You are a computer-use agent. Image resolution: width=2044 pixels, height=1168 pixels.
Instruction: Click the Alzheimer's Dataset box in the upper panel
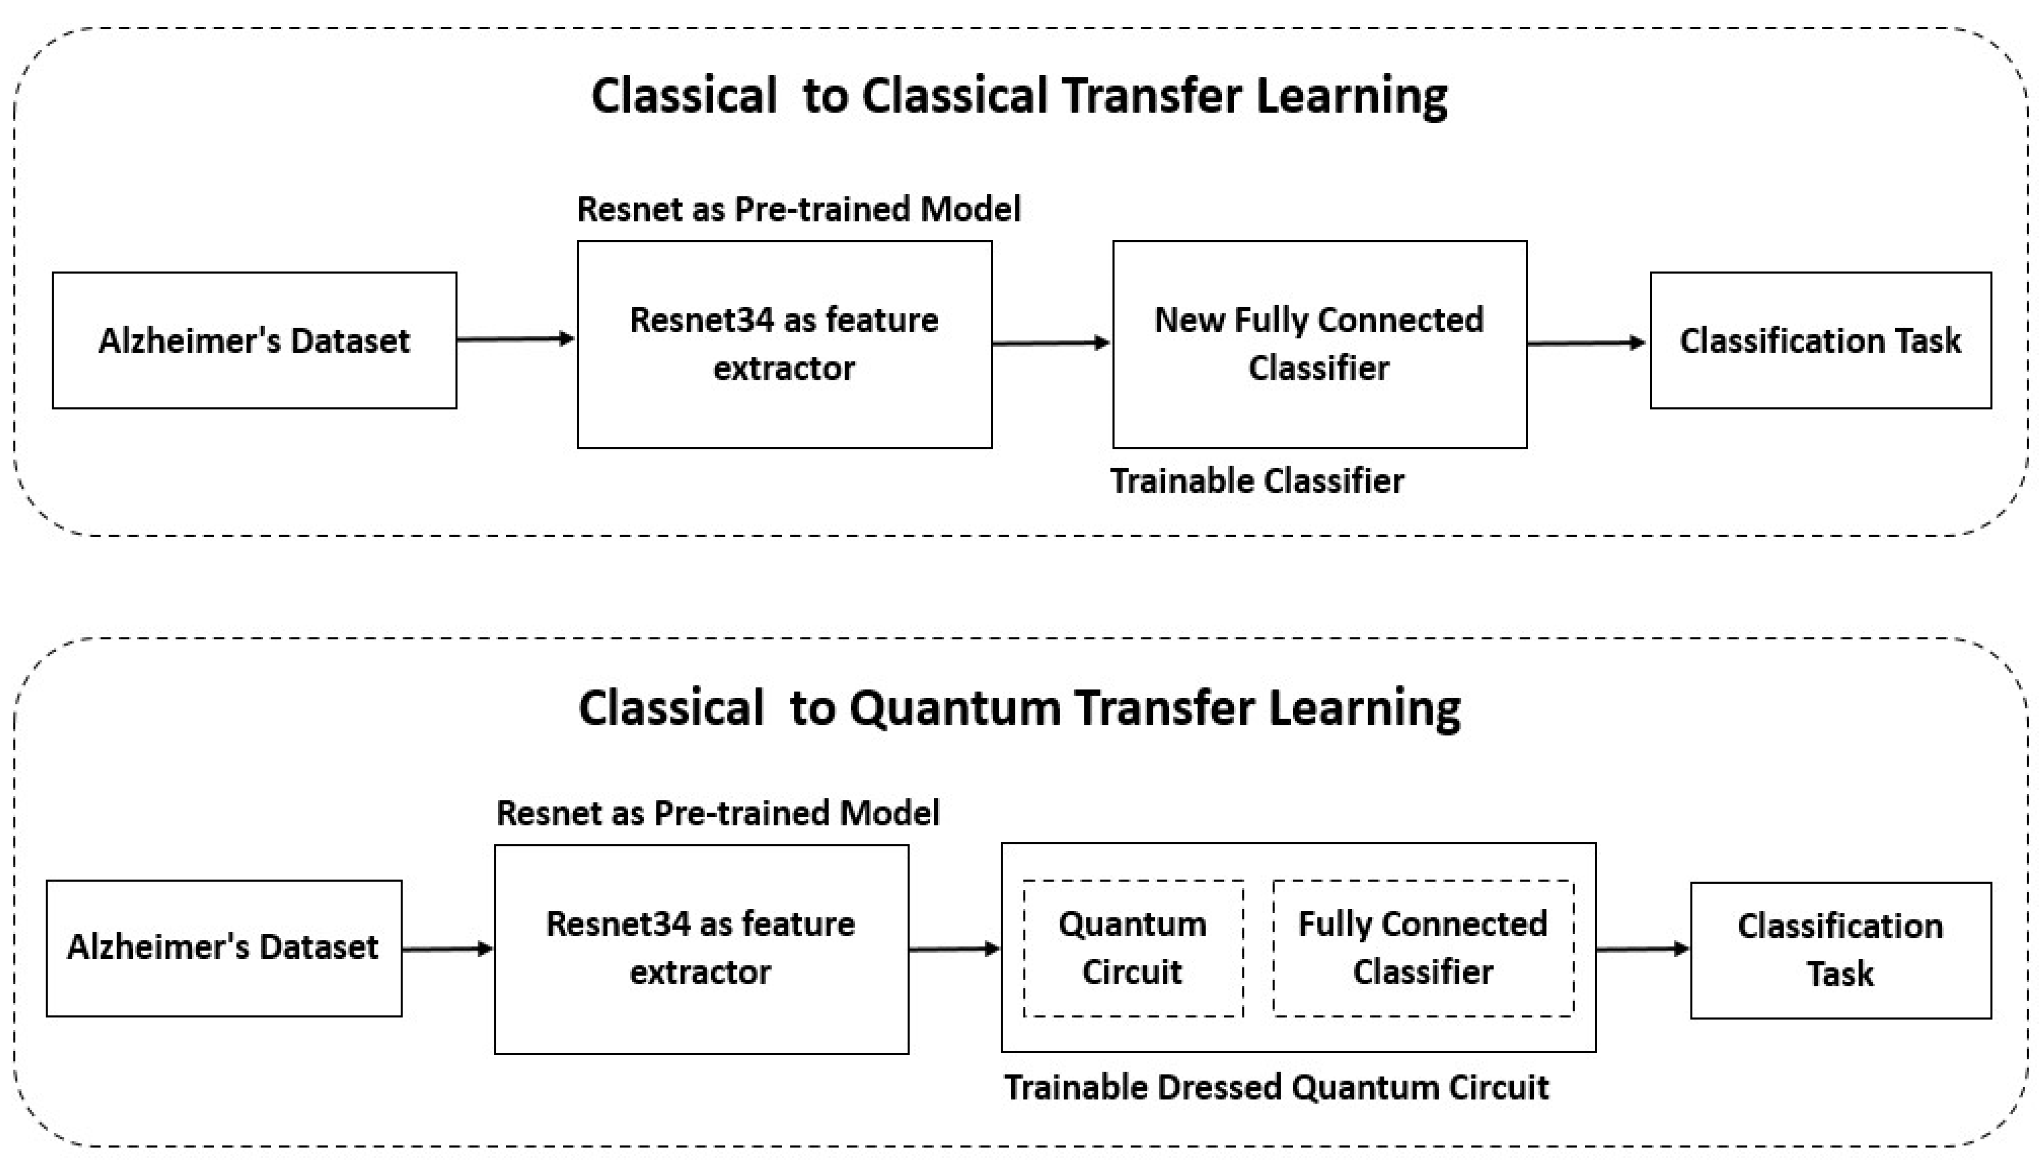coord(254,340)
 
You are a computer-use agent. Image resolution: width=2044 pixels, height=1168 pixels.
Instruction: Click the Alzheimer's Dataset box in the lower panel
coord(224,947)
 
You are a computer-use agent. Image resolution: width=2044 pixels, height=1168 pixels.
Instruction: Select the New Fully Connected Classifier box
coord(1319,344)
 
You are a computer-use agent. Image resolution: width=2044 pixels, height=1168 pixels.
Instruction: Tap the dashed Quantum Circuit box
coord(1133,948)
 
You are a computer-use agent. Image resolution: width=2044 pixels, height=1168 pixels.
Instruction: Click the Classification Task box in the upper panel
coord(1820,340)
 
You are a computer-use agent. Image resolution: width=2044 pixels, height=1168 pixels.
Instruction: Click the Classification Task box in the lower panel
coord(1840,950)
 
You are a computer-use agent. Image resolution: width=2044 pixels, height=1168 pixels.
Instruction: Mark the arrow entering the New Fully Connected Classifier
coord(1051,343)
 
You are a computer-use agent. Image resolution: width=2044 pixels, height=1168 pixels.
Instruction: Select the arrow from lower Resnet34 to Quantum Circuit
coord(955,949)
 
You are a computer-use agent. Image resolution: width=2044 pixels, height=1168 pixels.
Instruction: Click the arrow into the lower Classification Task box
coord(1642,949)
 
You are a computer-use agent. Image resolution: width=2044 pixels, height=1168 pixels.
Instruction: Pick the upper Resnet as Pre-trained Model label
coord(798,210)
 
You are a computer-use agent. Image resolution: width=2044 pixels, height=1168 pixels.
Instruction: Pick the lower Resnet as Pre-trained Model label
coord(717,813)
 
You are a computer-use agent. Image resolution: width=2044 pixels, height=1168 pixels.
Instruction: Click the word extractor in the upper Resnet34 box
coord(784,368)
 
